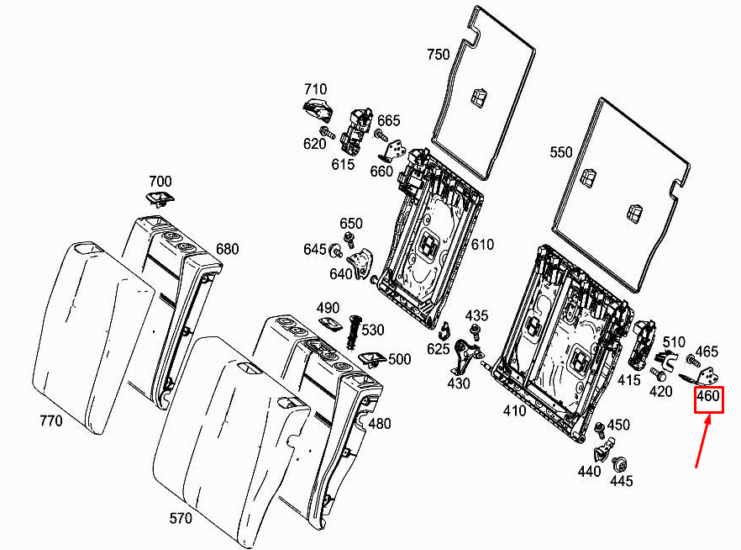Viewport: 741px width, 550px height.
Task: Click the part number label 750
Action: point(438,55)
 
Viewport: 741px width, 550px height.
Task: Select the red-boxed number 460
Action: point(708,395)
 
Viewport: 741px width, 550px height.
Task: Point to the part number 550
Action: point(561,152)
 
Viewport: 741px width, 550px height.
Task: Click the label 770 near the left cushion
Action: point(51,420)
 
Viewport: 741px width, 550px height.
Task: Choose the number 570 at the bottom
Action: point(181,518)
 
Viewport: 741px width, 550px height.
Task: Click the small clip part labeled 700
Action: point(160,199)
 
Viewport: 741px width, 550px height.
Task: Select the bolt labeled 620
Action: point(327,133)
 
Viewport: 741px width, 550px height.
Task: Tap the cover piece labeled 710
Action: point(317,110)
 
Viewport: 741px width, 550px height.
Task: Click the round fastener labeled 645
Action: point(336,250)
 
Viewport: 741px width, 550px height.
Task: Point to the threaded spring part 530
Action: point(354,332)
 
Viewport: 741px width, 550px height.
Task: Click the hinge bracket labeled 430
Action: point(466,357)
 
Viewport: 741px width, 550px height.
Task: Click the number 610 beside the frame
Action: point(482,245)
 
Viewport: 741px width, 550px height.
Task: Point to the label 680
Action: point(228,249)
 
